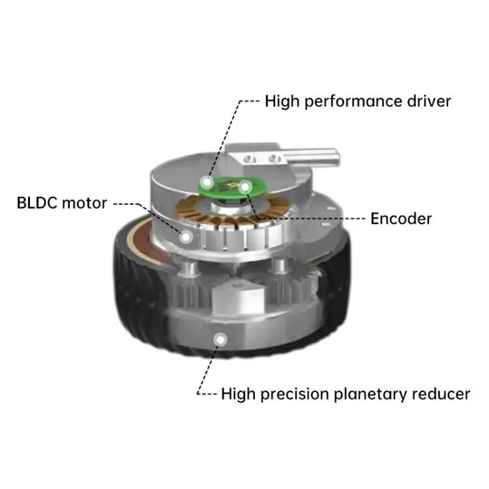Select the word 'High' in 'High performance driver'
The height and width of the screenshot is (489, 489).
[x=279, y=102]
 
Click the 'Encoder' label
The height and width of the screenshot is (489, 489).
[x=401, y=218]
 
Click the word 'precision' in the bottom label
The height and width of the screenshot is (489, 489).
[x=299, y=394]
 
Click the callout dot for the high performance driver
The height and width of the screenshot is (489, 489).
[x=207, y=182]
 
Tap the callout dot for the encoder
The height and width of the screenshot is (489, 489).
[x=244, y=188]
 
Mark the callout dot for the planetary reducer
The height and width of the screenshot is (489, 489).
[x=222, y=338]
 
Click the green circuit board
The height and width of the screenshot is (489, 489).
[x=225, y=185]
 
